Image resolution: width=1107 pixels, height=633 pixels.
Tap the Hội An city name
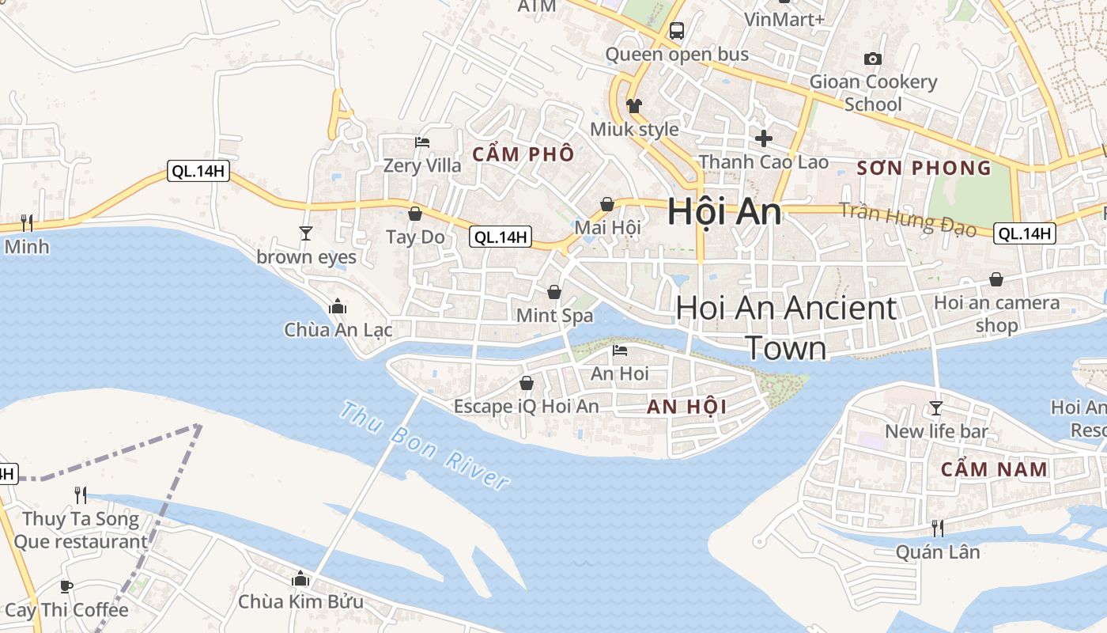coord(724,212)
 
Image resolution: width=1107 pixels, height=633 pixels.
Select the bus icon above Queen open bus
coord(677,31)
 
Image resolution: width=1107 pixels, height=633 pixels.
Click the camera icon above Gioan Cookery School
coord(873,59)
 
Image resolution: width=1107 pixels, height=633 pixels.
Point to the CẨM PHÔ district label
coord(523,154)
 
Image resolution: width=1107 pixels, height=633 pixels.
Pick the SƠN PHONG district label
coord(924,168)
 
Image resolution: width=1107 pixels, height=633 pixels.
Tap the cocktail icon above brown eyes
coord(306,233)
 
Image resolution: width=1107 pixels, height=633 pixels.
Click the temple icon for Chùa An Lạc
coord(338,306)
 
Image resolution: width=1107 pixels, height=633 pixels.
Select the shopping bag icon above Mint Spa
coord(554,292)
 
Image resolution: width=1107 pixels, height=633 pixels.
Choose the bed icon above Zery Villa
coord(422,142)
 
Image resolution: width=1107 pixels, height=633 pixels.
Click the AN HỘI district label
coord(686,407)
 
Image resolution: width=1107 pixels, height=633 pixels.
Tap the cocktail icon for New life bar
coord(936,407)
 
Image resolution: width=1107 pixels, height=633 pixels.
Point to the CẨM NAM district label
coord(994,469)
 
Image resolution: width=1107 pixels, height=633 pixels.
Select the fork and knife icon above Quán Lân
coord(938,528)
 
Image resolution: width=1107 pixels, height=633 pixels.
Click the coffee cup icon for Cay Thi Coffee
coord(66,586)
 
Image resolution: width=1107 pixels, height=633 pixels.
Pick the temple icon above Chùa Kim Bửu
coord(300,578)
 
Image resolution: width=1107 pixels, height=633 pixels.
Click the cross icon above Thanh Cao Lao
coord(764,138)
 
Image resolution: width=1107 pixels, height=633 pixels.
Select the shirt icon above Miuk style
coord(633,105)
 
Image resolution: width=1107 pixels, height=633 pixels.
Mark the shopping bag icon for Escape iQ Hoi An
coord(527,383)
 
